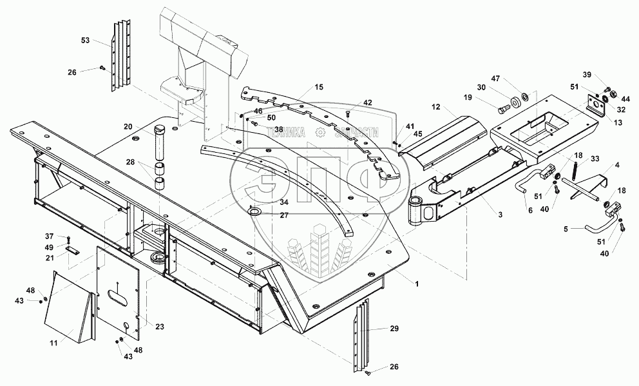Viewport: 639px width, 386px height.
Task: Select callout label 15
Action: click(x=319, y=86)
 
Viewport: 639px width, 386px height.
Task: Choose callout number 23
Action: click(x=160, y=327)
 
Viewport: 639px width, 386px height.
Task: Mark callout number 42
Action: click(x=368, y=103)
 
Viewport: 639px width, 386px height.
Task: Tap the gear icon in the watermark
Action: click(x=319, y=132)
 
